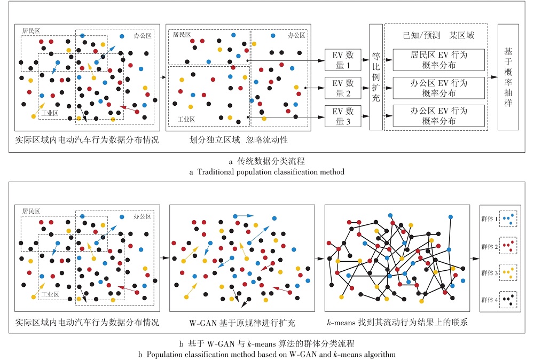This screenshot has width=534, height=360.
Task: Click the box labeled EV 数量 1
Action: (x=343, y=60)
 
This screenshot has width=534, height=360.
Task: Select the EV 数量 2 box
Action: (x=343, y=88)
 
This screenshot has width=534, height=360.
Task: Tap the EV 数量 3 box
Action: (x=343, y=116)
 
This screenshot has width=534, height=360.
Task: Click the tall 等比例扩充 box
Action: (x=376, y=77)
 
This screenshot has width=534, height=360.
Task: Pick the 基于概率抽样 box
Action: (x=508, y=77)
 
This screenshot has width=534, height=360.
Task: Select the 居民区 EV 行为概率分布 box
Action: (x=438, y=60)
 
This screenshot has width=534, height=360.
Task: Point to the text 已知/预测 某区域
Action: (x=438, y=35)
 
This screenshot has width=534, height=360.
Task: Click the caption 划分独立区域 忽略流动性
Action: (x=238, y=139)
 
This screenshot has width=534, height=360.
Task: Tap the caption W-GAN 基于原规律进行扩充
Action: (x=242, y=323)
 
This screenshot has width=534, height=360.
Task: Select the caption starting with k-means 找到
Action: (x=397, y=322)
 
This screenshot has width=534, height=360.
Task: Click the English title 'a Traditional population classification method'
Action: (x=266, y=171)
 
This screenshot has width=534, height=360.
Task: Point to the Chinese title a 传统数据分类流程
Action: (x=266, y=161)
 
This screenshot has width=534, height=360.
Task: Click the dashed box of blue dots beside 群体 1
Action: (x=508, y=218)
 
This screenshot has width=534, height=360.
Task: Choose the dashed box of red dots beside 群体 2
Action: (x=508, y=246)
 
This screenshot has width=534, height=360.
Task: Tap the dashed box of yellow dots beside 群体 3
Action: (x=508, y=272)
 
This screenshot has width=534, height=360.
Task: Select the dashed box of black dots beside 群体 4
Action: (x=508, y=300)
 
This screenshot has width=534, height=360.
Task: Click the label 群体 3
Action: (x=489, y=273)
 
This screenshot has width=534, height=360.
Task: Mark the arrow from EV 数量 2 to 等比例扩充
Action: (x=365, y=88)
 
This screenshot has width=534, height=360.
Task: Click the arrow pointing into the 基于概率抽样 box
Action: (x=493, y=77)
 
